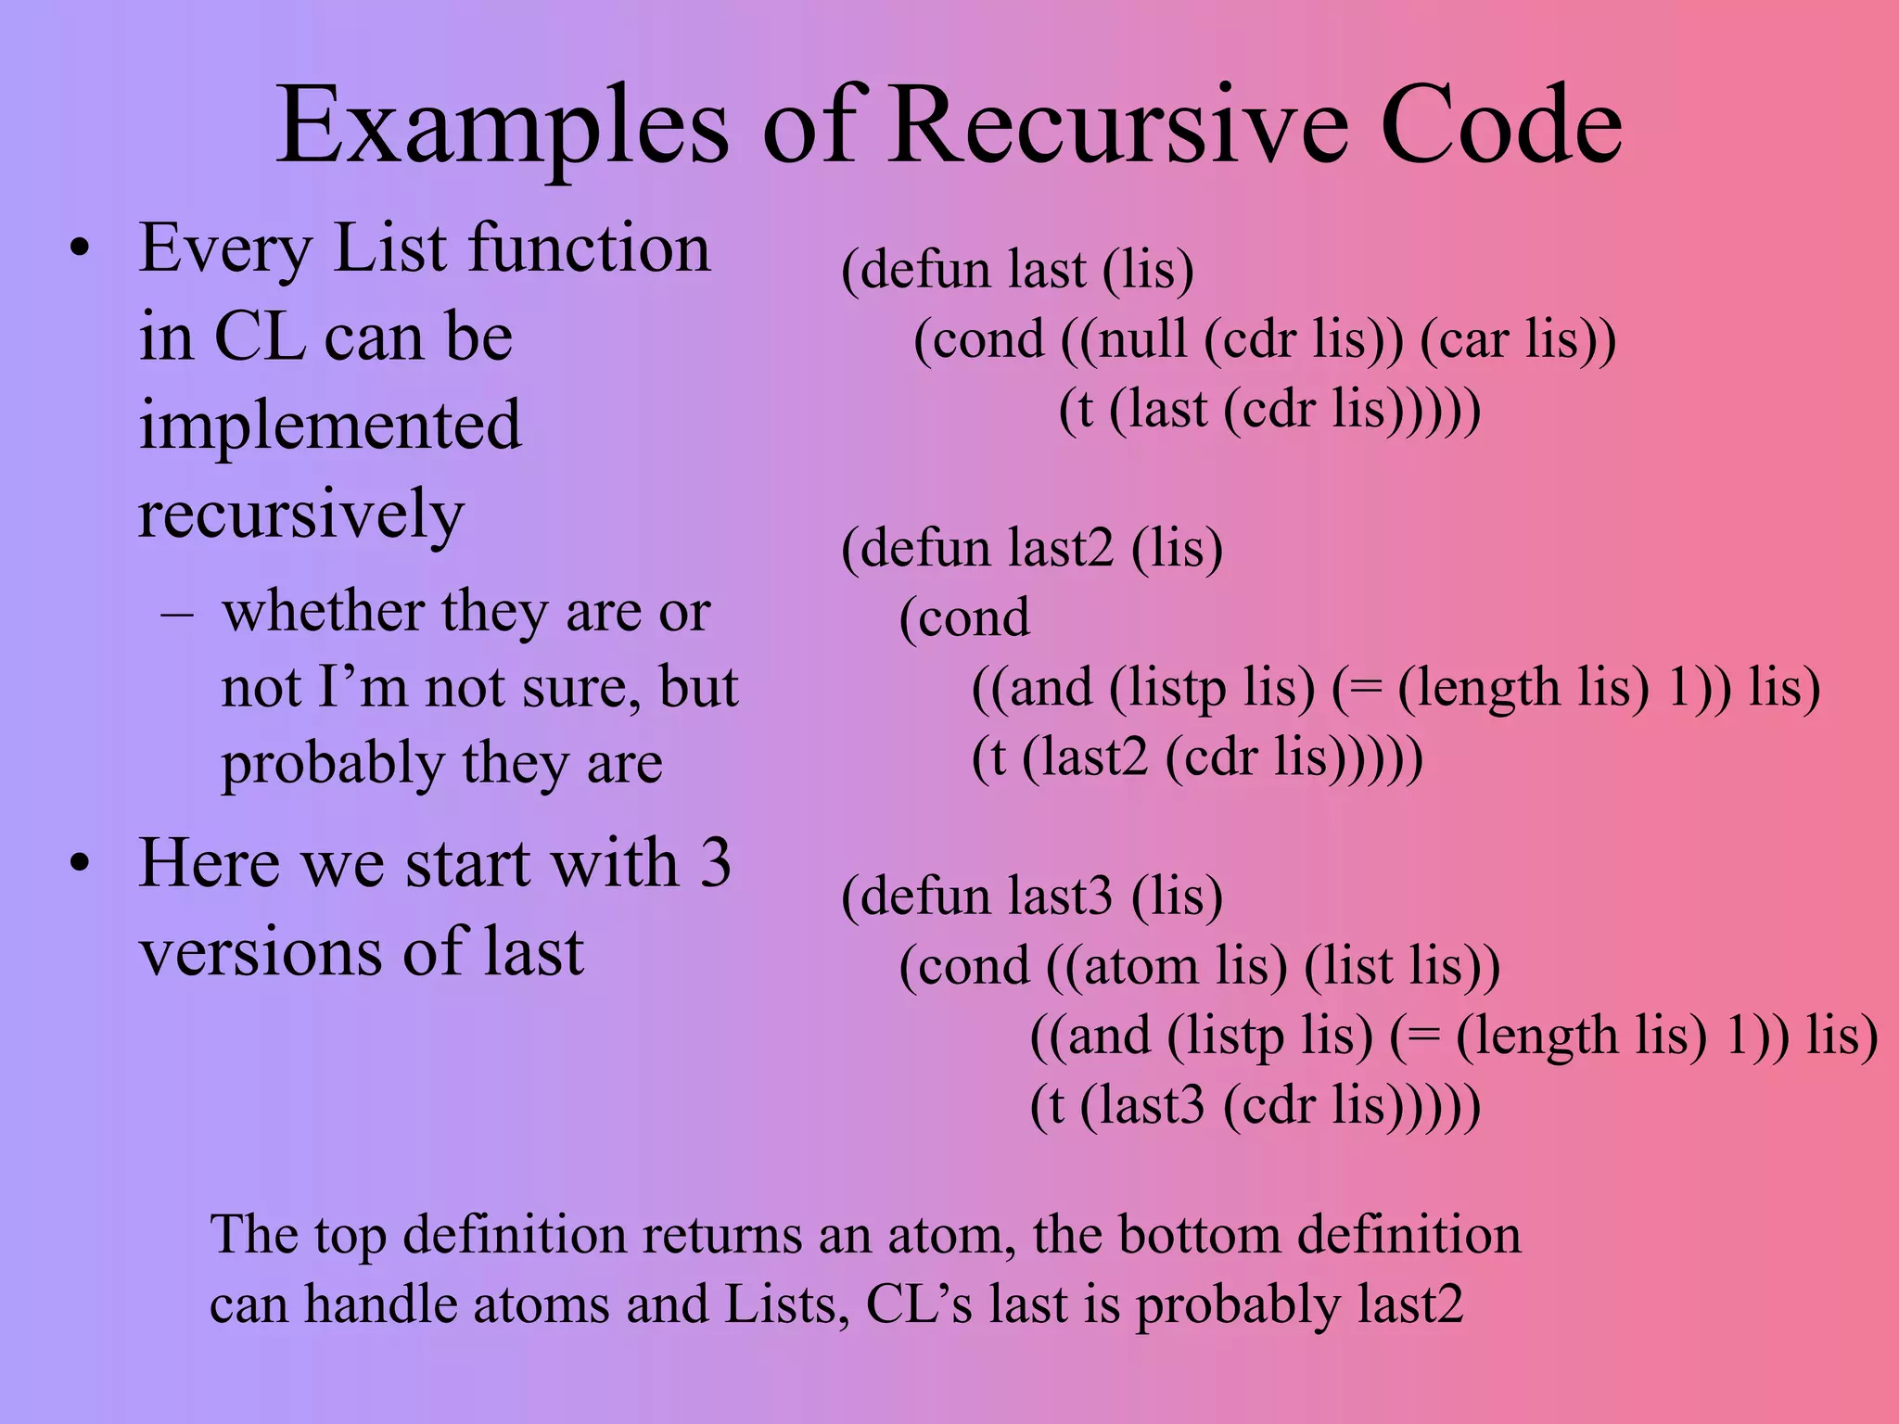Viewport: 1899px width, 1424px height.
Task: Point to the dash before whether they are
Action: pos(176,614)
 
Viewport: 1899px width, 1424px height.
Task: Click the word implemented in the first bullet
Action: pos(329,426)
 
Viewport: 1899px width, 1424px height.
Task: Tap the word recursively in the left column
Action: pos(300,515)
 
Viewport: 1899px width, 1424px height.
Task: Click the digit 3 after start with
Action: pos(714,863)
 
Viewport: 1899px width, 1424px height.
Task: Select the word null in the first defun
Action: pos(1141,338)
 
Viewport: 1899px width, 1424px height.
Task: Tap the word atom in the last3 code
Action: pos(1140,966)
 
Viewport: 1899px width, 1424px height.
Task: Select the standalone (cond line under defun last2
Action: pos(964,618)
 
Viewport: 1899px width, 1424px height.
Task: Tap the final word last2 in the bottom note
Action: pos(1410,1305)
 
